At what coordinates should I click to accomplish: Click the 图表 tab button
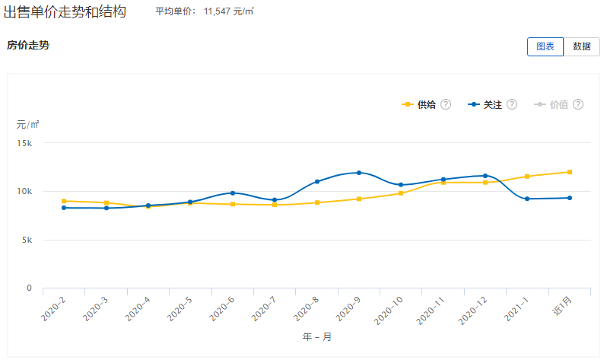(x=545, y=46)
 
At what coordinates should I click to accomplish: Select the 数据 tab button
(x=582, y=46)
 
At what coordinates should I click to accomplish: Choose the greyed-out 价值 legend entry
(x=558, y=104)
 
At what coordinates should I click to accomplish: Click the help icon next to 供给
(x=447, y=104)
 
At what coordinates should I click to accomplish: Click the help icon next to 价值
(x=579, y=104)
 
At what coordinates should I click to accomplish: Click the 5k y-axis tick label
(x=26, y=240)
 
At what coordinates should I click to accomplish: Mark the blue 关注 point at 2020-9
(x=359, y=173)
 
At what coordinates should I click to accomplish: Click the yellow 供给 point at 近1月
(x=569, y=172)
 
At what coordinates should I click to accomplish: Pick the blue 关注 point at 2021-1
(x=527, y=199)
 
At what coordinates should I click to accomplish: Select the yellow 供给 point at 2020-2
(x=64, y=201)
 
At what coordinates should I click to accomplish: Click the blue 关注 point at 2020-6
(x=233, y=193)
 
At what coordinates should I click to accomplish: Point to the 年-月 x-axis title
(x=316, y=336)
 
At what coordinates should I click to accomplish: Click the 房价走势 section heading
(x=28, y=45)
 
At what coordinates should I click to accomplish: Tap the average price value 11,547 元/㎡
(x=228, y=12)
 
